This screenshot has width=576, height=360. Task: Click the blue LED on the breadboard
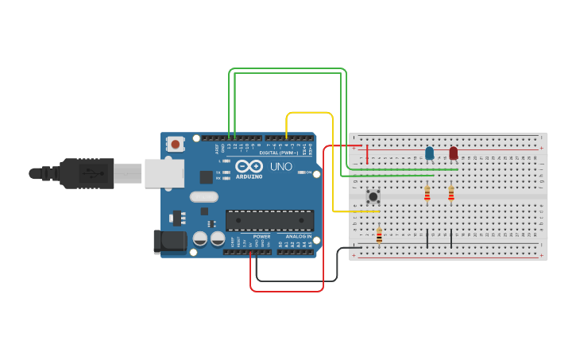429,153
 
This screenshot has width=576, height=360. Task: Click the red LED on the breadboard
453,153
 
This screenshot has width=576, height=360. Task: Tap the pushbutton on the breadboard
373,195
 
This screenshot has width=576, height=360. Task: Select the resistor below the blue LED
427,193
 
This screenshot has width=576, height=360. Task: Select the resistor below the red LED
451,193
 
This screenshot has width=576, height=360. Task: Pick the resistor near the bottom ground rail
379,234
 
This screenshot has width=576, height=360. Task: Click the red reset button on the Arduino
175,144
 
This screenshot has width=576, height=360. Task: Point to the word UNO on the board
281,167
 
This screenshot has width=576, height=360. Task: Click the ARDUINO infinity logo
249,167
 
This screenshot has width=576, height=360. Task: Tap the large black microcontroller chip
269,220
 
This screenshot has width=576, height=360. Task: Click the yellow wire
309,113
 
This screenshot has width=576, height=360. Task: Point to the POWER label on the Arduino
261,237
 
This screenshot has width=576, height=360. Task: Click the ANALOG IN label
299,237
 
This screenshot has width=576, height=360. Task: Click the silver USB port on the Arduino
164,173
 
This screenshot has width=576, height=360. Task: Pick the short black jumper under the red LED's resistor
451,238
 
